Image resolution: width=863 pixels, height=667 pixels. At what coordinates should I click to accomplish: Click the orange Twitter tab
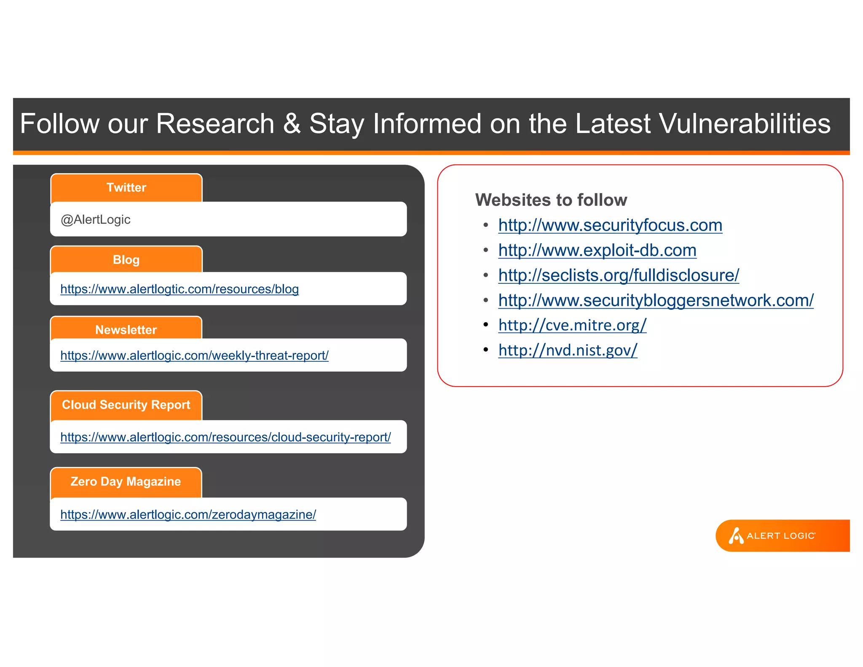126,188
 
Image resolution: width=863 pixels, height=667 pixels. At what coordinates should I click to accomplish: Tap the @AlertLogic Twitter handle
96,220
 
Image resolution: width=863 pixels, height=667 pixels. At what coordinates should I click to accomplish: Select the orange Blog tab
126,260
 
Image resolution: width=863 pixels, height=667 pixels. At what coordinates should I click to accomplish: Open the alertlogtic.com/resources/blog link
180,289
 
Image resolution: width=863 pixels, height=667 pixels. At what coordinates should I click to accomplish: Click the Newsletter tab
126,329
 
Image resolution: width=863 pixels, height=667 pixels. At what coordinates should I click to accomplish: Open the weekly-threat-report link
194,356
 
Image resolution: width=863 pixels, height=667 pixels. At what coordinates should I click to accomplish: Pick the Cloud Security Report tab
126,405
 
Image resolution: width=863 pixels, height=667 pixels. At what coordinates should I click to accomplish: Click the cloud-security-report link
225,437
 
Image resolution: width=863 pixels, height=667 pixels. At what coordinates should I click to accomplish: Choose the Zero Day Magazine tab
126,481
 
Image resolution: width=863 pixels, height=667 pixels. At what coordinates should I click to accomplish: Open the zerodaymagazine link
188,515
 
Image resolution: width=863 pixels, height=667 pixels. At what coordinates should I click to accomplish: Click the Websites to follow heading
551,200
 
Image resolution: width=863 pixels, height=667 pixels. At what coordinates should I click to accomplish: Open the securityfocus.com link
610,226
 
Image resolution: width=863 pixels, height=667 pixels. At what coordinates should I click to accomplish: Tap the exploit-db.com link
597,250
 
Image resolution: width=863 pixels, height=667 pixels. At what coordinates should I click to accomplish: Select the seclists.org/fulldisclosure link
618,275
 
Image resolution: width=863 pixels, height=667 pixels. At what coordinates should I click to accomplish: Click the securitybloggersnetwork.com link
656,301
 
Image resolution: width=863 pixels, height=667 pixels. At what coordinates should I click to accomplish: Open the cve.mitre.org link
572,325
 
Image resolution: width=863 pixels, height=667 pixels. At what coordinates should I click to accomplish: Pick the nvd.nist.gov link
568,350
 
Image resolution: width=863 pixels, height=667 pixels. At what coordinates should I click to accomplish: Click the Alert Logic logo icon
736,536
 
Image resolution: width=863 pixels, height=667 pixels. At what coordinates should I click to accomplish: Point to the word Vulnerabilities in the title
745,124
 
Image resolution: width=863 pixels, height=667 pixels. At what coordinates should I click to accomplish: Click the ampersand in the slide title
292,124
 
